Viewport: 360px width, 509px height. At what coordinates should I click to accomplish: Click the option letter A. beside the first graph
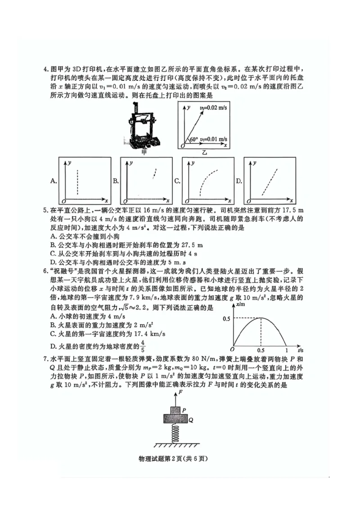click(54, 181)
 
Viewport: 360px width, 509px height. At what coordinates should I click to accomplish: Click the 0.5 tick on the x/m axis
click(227, 319)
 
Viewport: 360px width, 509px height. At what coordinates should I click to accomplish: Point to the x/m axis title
click(240, 305)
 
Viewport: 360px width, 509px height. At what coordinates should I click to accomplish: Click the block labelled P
click(174, 410)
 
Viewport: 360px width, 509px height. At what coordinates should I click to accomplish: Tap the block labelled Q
click(174, 419)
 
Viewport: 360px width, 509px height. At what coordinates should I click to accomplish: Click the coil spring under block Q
click(174, 434)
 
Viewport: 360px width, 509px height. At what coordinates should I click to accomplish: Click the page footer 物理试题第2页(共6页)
click(180, 459)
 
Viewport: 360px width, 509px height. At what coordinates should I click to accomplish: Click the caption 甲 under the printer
click(144, 152)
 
